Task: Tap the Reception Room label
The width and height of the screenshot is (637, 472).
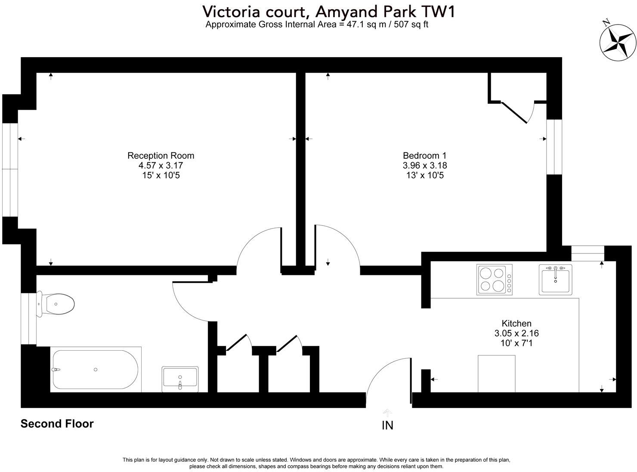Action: (x=161, y=155)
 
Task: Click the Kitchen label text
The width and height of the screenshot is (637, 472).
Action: (x=516, y=323)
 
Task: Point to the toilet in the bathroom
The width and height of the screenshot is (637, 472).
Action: (x=56, y=304)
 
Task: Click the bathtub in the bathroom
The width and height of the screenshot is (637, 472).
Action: (x=95, y=370)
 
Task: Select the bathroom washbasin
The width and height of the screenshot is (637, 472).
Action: (x=180, y=379)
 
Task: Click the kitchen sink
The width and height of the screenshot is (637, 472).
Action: (x=555, y=279)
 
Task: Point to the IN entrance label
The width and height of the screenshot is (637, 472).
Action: (x=387, y=425)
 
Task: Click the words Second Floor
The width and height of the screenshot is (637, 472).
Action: (x=57, y=424)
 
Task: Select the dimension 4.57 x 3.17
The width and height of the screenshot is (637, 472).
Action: (x=161, y=165)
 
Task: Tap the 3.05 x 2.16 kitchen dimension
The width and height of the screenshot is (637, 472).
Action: (x=516, y=333)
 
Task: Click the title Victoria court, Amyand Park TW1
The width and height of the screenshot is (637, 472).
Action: (x=329, y=11)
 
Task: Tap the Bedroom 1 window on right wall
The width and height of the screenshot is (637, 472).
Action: (x=554, y=147)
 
